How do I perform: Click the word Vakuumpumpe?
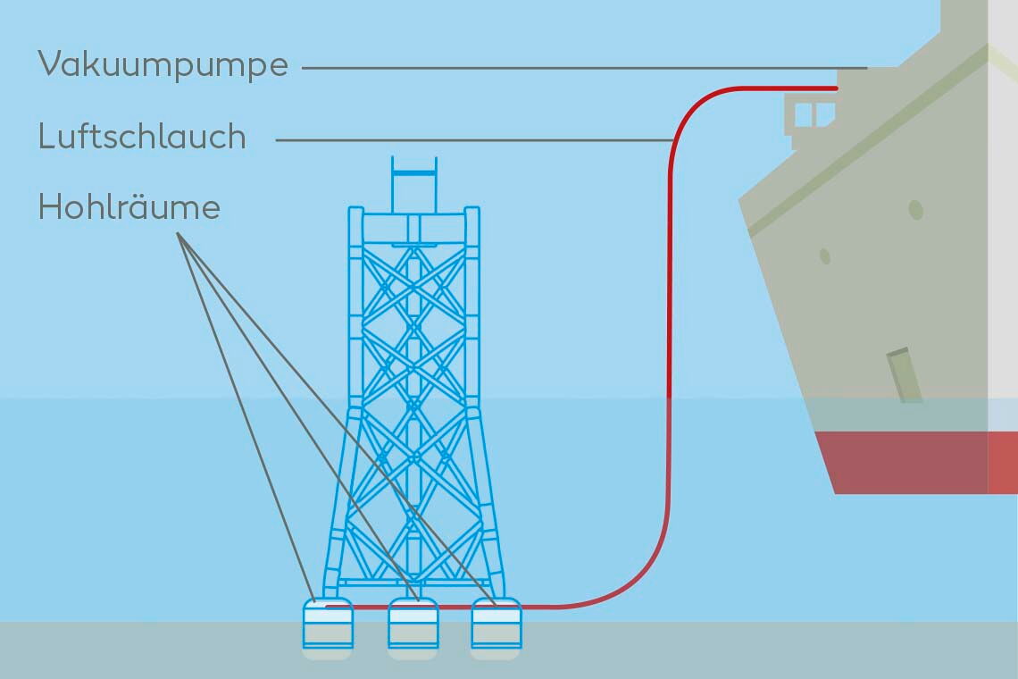[x=163, y=64]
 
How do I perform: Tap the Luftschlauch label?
[x=142, y=137]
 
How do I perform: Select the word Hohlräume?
[x=129, y=206]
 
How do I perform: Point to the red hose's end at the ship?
[x=835, y=88]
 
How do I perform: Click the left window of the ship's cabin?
[x=803, y=113]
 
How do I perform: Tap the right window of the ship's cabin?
[x=824, y=113]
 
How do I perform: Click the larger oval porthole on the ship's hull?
[x=915, y=210]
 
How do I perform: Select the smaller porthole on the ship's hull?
[x=824, y=256]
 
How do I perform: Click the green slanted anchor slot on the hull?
[x=905, y=375]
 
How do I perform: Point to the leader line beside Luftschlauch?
[x=473, y=140]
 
